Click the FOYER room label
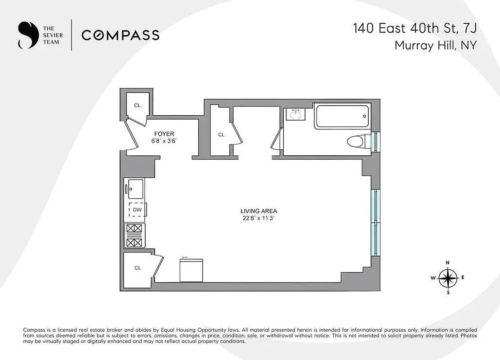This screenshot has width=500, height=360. tap(164, 134)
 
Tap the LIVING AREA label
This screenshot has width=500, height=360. tap(259, 211)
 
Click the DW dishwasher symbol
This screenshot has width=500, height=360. tap(137, 210)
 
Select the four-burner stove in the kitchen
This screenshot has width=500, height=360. tap(135, 236)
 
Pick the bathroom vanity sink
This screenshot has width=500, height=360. tap(295, 115)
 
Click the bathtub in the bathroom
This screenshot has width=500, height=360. tap(342, 116)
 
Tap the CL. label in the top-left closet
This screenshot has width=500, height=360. tap(138, 106)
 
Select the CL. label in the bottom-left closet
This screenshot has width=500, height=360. tap(138, 268)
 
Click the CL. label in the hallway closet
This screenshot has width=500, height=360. tap(222, 135)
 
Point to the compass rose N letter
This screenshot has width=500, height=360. tap(447, 263)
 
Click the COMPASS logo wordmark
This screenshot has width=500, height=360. tap(120, 35)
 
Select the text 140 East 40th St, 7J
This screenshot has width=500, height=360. tap(414, 29)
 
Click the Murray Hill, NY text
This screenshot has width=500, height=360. tap(435, 45)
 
